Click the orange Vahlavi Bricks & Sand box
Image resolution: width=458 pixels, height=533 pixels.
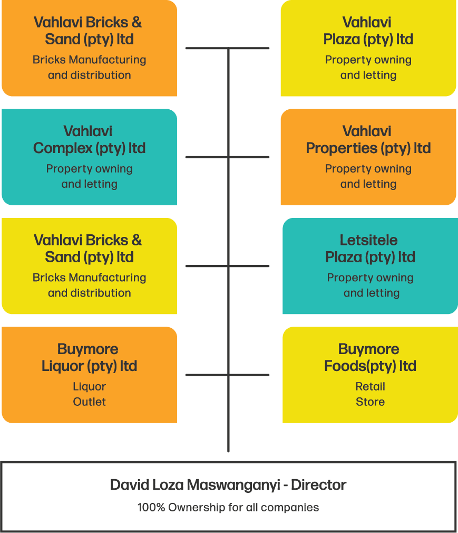point(89,48)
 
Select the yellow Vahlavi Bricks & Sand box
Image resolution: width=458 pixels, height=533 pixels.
point(89,266)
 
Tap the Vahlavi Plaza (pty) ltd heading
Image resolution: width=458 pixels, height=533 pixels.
point(368,31)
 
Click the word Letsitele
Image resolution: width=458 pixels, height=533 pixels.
point(368,240)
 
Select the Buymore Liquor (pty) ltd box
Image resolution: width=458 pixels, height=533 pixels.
point(89,375)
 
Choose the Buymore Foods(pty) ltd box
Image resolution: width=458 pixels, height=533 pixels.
point(370,375)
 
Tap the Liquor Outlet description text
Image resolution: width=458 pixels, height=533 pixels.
point(89,394)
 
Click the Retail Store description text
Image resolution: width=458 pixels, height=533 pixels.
point(370,394)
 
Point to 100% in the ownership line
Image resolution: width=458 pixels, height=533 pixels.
point(151,508)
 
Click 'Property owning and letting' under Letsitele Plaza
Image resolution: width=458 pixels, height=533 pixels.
point(371,285)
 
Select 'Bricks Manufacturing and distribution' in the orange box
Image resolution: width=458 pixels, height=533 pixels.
point(89,68)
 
